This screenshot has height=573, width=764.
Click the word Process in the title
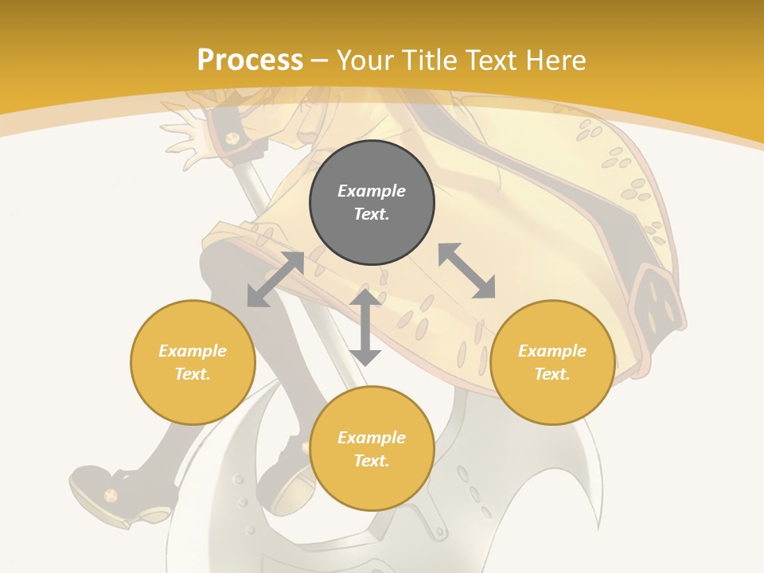tap(250, 60)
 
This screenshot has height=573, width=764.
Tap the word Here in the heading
tap(554, 60)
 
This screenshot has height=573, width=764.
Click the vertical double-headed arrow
tap(365, 327)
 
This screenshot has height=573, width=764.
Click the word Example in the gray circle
tap(372, 191)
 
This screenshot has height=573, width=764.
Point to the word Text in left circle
tap(193, 374)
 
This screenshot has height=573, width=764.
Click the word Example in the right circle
tap(552, 351)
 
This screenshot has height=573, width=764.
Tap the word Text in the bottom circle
tap(372, 461)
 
